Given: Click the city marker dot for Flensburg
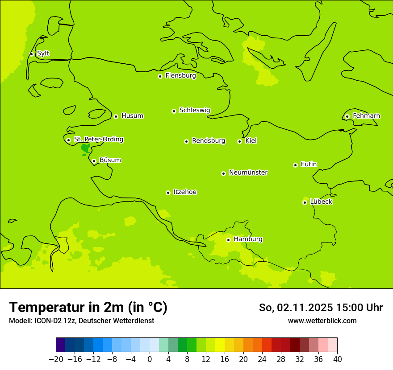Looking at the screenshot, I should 160,76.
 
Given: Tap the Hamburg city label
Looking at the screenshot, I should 248,239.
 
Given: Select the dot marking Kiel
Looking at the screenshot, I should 239,141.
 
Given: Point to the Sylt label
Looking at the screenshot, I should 43,53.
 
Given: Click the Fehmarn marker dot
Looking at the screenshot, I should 347,116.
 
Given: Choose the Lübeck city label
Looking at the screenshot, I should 321,202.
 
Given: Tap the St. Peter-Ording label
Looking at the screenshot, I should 98,140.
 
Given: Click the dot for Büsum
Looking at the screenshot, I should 94,161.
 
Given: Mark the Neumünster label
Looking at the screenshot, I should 248,173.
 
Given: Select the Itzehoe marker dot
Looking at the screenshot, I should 168,193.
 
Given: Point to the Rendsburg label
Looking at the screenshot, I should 209,141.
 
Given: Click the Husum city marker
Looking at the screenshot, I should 116,116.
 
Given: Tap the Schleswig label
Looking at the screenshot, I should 194,111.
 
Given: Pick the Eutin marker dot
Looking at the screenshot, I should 295,165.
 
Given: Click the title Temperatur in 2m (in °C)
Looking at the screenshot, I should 88,307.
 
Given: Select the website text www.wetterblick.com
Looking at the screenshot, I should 322,321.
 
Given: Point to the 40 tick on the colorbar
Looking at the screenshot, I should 337,359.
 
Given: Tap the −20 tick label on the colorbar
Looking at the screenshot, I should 56,359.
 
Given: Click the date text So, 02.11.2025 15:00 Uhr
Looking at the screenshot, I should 321,308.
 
